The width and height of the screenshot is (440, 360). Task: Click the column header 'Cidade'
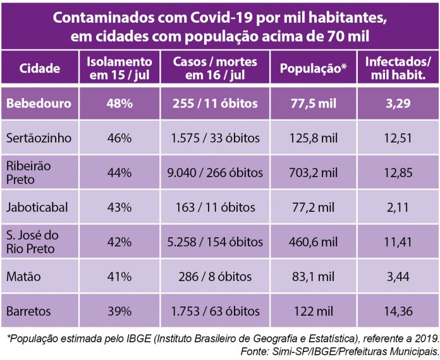point(40,69)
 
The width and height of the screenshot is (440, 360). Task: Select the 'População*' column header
point(313,69)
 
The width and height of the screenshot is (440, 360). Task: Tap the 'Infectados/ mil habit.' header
point(398,69)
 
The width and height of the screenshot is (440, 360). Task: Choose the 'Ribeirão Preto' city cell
point(29,172)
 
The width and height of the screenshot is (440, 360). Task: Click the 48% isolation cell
point(119,103)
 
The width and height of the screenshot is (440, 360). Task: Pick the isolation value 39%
point(119,311)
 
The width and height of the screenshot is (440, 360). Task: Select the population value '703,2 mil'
point(313,172)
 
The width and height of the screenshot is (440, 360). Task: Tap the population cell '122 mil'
point(313,311)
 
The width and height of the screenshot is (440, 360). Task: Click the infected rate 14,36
point(398,311)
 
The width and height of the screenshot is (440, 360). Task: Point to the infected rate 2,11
point(398,207)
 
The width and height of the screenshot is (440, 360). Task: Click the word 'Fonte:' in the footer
point(257,351)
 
